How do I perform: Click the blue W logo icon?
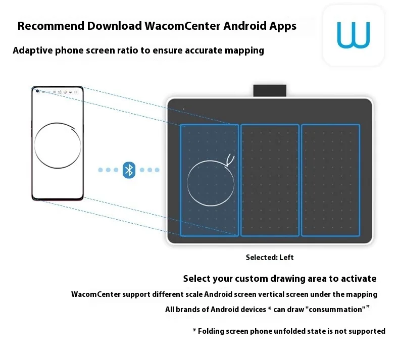click(354, 35)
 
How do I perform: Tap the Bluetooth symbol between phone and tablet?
click(129, 170)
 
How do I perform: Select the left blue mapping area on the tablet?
click(210, 180)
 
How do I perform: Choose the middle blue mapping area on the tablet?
click(270, 180)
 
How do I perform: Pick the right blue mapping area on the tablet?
click(330, 180)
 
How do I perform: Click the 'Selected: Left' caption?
click(270, 258)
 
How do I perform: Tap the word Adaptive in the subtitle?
click(31, 50)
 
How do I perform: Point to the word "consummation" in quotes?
click(334, 309)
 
